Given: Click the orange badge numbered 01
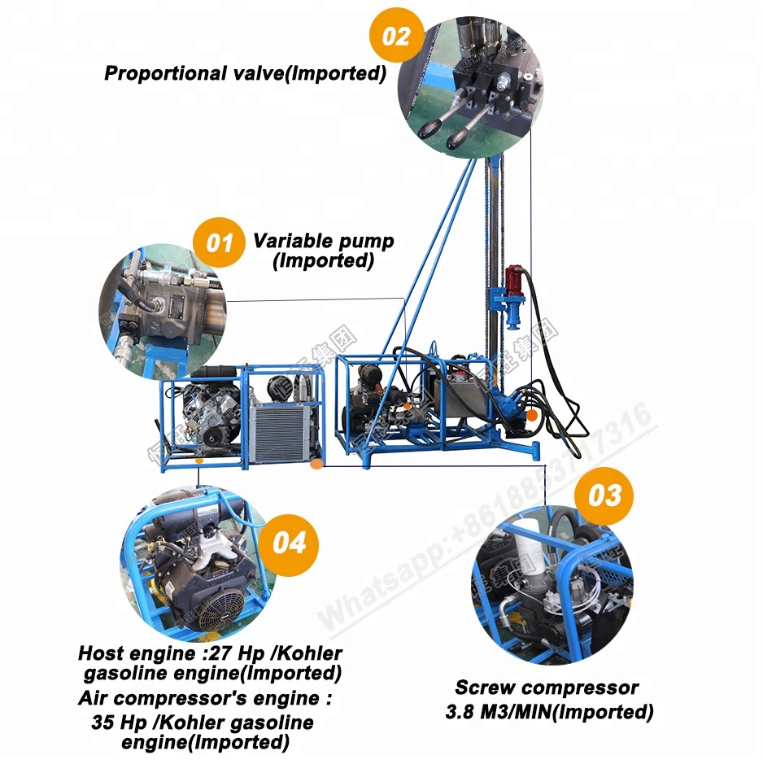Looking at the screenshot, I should (x=219, y=242).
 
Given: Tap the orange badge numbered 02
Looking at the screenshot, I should (x=396, y=37).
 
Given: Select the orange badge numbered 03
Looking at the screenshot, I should (x=604, y=495).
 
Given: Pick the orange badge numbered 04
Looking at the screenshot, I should (x=290, y=543).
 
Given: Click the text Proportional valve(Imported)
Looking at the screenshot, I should (x=244, y=73).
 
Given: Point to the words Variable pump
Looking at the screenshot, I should (x=323, y=241).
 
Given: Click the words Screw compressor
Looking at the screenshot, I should (x=546, y=688).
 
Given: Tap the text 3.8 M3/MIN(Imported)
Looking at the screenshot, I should (x=549, y=713).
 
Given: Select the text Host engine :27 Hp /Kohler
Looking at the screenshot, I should (x=210, y=653).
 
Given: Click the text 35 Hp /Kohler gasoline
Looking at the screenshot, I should (x=203, y=723).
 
